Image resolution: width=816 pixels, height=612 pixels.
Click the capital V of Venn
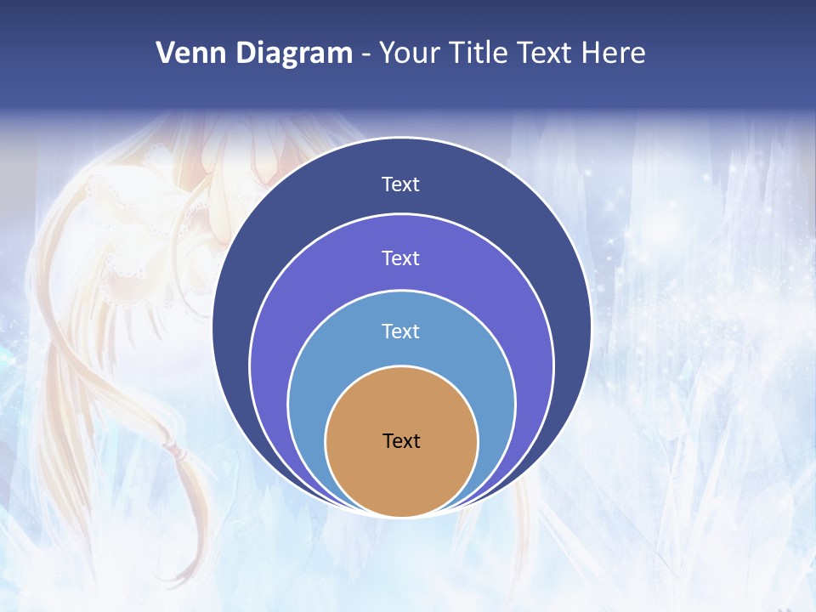coord(166,54)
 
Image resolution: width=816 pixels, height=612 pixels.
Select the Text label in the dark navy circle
coord(401,184)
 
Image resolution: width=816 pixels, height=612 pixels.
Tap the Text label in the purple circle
coord(401,258)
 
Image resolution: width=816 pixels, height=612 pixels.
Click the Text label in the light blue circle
coord(401,331)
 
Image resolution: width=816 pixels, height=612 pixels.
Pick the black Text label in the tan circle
coord(401,440)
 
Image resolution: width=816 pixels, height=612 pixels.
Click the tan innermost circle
coord(401,476)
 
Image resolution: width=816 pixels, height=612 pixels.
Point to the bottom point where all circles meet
coord(401,516)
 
